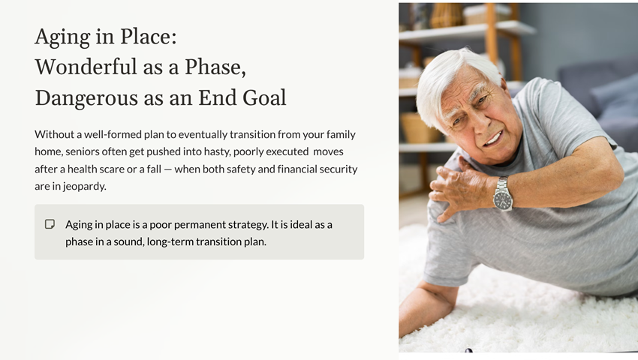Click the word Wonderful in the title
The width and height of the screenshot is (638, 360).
click(86, 67)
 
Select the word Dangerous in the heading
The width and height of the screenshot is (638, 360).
click(86, 99)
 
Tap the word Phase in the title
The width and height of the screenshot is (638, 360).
click(214, 67)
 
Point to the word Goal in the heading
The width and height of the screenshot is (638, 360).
click(264, 97)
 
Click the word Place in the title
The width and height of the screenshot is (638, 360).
click(148, 36)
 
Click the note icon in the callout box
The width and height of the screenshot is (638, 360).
click(50, 224)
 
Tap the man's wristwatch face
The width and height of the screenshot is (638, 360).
click(502, 199)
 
